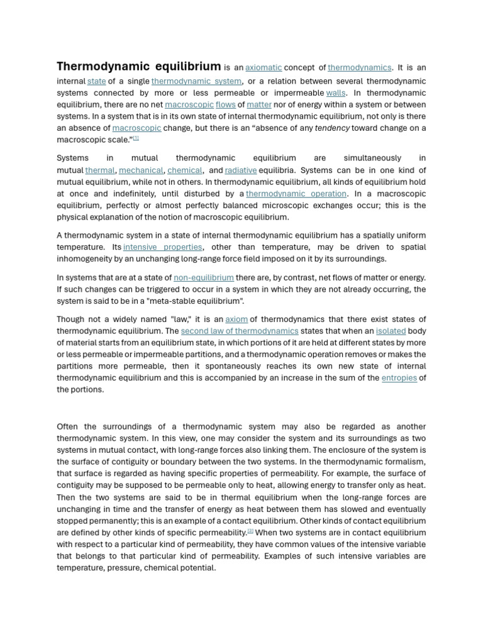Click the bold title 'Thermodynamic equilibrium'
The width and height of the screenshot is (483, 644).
point(138,67)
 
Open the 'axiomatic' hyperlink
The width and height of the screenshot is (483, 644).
point(264,68)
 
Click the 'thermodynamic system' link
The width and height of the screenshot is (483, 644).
point(196,81)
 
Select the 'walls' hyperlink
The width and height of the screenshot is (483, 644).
point(335,93)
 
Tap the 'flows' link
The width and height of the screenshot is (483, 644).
point(225,105)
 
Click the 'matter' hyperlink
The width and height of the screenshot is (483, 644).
point(259,105)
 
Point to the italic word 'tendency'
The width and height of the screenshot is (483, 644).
point(332,128)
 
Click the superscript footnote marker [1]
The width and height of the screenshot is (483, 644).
point(135,138)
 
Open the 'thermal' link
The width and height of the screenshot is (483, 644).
point(100,170)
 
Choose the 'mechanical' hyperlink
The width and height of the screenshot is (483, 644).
point(141,170)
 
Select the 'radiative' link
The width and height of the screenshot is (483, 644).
point(241,170)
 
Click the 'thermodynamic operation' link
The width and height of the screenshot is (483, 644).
point(296,194)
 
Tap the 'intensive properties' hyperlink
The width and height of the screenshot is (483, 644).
point(163,247)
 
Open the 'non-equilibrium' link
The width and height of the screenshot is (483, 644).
point(204,277)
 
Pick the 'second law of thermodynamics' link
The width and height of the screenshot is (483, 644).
point(240,331)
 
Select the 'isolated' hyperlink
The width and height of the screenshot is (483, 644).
point(391,331)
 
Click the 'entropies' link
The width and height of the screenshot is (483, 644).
point(399,378)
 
